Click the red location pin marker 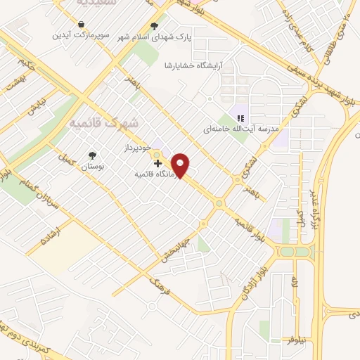[181, 165]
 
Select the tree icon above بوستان [92, 155]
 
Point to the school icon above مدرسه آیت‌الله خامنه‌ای [240, 118]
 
